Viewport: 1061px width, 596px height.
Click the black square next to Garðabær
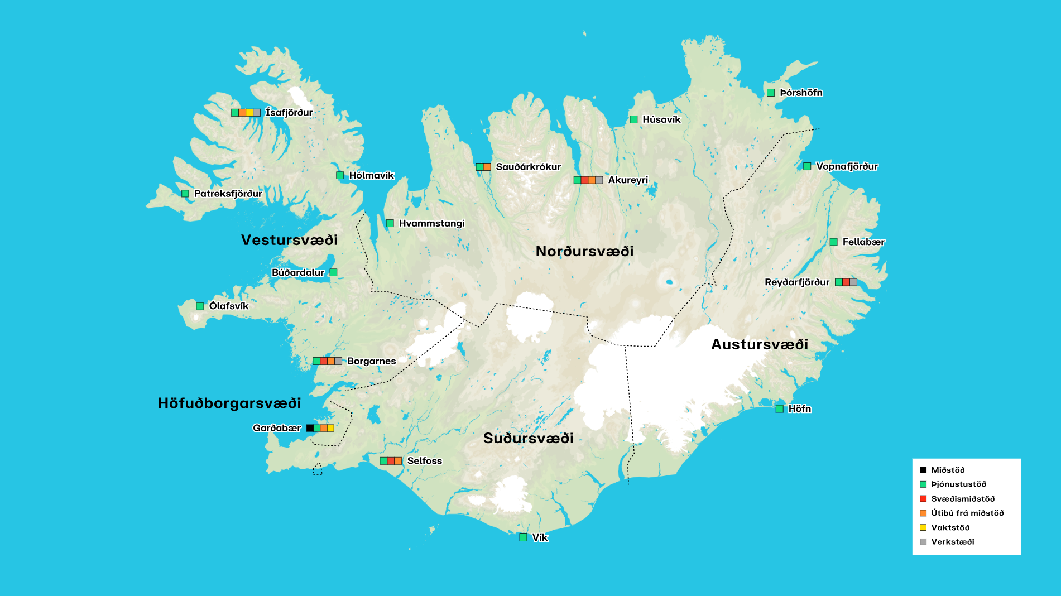[310, 428]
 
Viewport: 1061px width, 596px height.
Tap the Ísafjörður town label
[289, 112]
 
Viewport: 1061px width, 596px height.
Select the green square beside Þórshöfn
[771, 93]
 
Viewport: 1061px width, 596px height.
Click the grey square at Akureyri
[599, 180]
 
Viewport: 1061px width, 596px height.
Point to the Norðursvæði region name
[584, 251]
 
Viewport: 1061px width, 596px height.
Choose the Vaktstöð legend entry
[950, 527]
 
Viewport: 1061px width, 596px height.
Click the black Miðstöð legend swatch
[923, 470]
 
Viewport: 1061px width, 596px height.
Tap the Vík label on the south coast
[540, 537]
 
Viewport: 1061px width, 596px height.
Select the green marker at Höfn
[780, 409]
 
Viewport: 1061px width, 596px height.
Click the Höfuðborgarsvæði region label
[229, 403]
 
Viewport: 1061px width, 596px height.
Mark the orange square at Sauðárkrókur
[487, 167]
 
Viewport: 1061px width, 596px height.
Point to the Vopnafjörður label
[847, 166]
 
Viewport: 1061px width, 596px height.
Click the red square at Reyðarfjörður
[846, 282]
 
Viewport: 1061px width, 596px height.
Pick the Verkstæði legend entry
[952, 542]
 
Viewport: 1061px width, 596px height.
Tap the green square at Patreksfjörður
[185, 194]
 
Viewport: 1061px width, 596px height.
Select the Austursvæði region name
[759, 344]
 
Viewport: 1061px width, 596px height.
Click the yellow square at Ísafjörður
[249, 113]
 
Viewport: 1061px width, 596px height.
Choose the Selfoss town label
[424, 461]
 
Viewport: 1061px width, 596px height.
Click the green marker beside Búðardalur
[333, 272]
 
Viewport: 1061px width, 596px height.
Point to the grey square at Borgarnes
[338, 361]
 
